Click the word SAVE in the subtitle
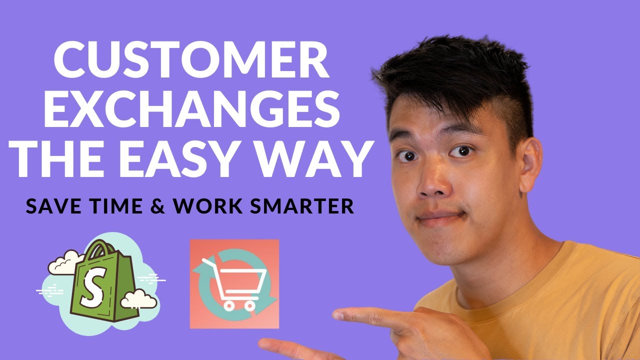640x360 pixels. tap(52, 206)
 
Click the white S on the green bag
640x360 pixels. tap(91, 292)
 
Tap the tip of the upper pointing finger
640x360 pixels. tap(336, 314)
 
